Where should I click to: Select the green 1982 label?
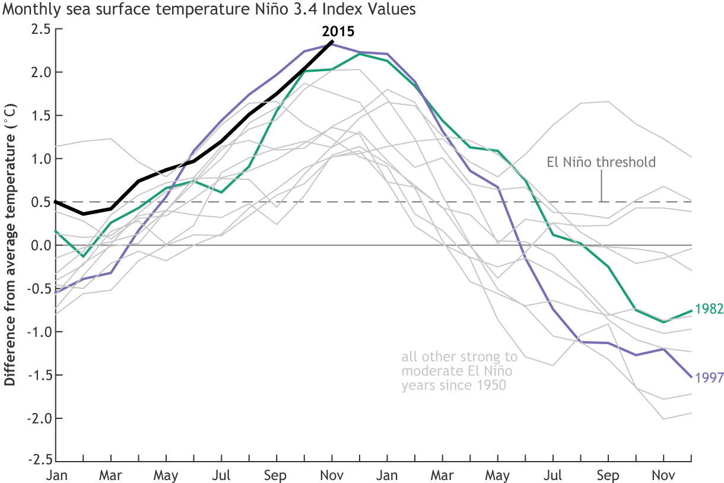click(709, 309)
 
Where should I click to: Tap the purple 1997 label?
click(709, 378)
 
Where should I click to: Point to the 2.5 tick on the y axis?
click(42, 29)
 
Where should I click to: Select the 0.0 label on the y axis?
click(42, 245)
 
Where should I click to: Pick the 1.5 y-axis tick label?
click(42, 116)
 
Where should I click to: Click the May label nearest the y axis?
click(166, 476)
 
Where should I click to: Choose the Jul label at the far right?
click(553, 476)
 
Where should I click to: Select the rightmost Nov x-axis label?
click(663, 476)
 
